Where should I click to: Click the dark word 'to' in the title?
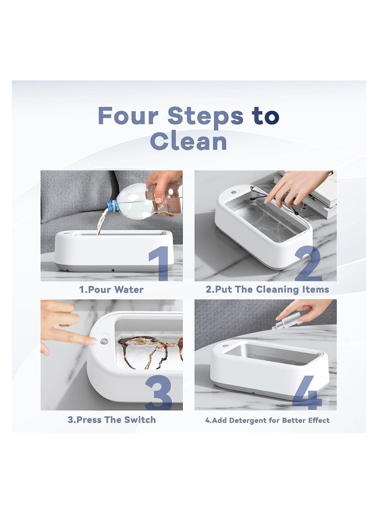[x=266, y=116]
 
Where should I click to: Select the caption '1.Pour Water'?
[x=112, y=289]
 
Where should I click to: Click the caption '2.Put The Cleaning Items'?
[x=267, y=289]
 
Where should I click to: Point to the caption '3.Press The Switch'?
[x=112, y=420]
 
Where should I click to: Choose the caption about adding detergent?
[x=267, y=420]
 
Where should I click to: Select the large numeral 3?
[x=159, y=392]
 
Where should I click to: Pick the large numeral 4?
[x=307, y=393]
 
